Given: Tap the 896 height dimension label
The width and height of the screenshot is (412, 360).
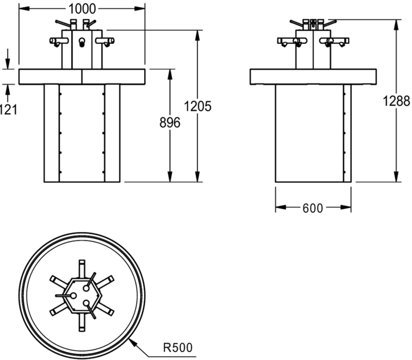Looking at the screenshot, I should coord(169,123).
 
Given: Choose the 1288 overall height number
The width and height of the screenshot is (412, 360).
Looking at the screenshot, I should coord(397,100).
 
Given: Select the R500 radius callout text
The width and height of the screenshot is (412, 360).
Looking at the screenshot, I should coord(178,349).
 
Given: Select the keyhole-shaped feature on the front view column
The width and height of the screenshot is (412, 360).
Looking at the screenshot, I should coord(82,43).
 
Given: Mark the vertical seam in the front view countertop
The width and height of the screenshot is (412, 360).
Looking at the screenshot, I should coord(82,76).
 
